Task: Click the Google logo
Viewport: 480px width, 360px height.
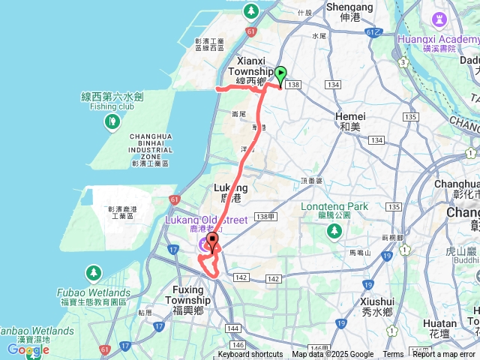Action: [x=28, y=349]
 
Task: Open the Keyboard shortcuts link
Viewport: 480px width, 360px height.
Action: [x=250, y=355]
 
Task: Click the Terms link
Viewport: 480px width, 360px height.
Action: [x=393, y=355]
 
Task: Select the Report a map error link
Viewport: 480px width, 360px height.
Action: [x=444, y=355]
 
